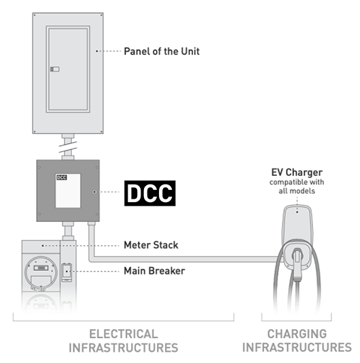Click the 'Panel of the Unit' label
[x=162, y=51]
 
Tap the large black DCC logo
[x=149, y=193]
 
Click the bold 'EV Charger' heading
[x=297, y=172]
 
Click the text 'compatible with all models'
[x=297, y=187]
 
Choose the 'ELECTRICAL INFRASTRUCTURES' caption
[x=123, y=341]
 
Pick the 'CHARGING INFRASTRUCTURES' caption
[x=297, y=341]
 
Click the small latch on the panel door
[x=55, y=69]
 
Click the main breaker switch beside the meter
[x=67, y=272]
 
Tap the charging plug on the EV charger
[x=298, y=261]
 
